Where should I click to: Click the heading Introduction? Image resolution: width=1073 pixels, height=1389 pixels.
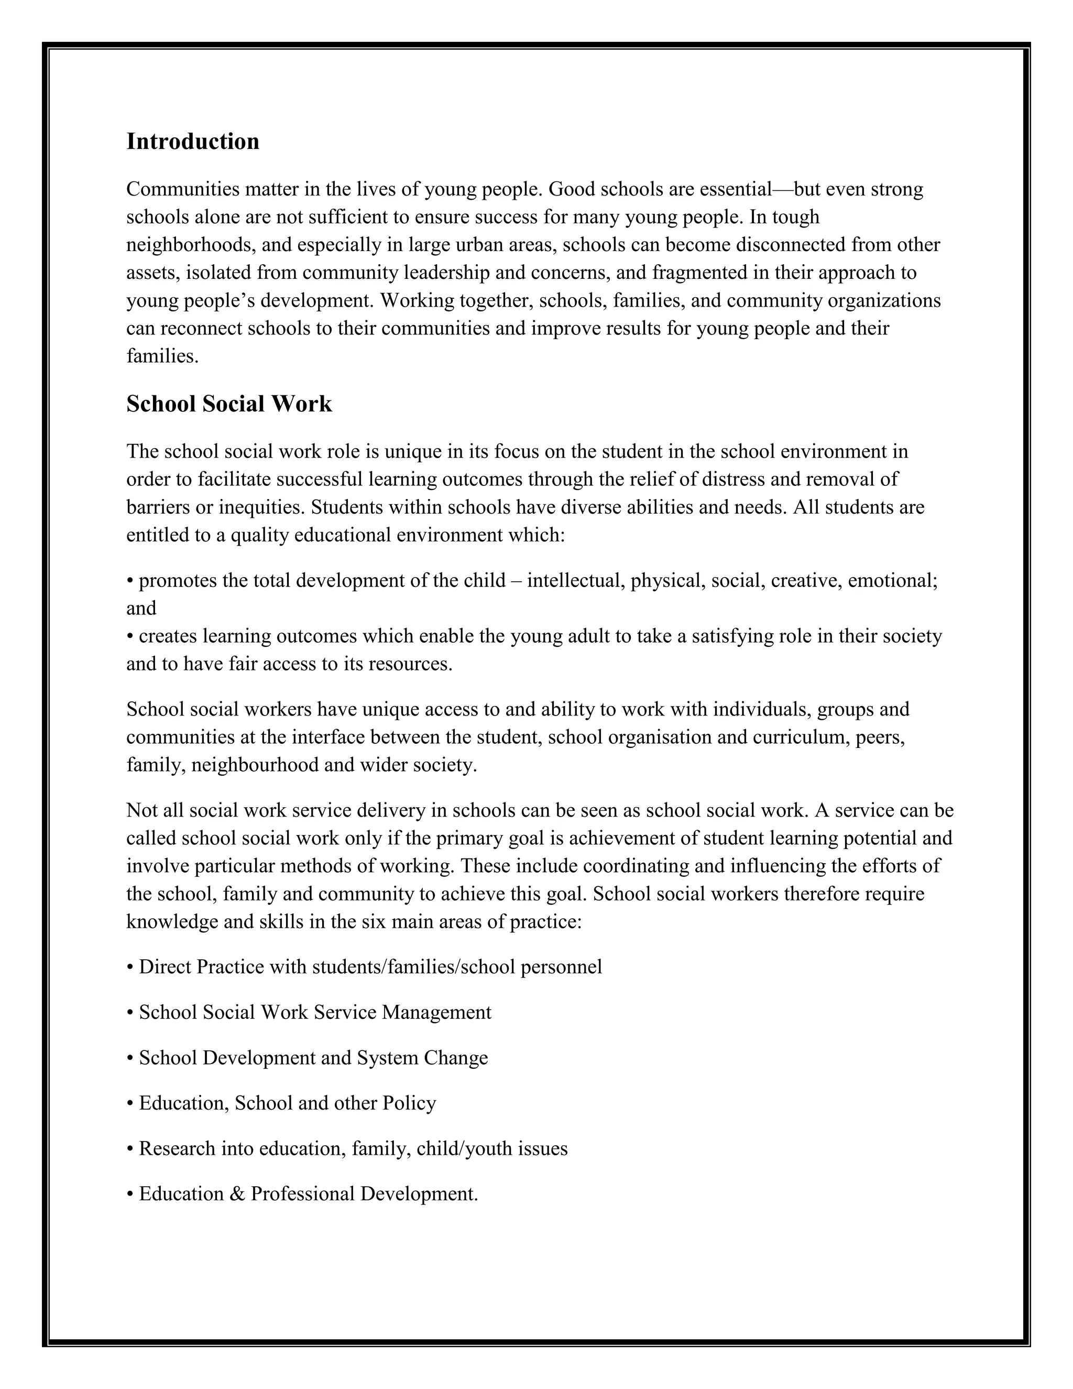coord(193,141)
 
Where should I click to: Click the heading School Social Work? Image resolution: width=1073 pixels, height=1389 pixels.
coord(229,404)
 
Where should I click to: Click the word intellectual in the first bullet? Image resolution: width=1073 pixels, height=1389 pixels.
coord(576,581)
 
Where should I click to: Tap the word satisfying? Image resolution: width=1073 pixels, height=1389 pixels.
coord(731,636)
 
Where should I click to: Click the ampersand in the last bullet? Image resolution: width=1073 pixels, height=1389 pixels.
coord(238,1193)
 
